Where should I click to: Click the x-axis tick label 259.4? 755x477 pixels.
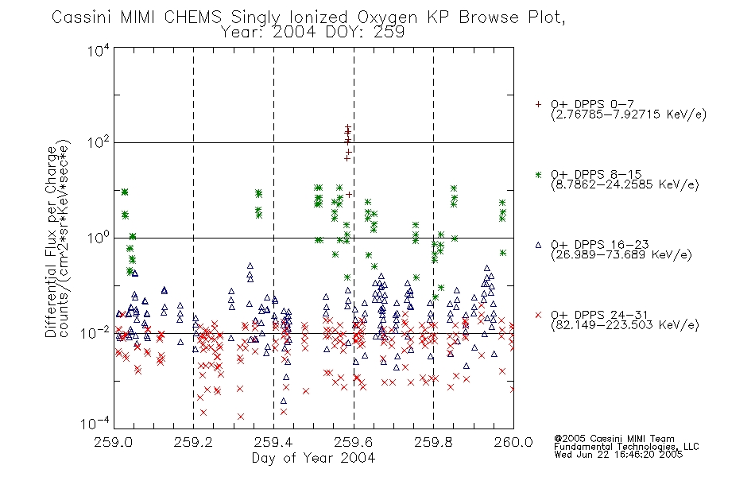coord(273,442)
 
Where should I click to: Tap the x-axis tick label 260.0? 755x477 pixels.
coord(513,442)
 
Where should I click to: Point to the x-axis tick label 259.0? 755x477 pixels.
coord(114,442)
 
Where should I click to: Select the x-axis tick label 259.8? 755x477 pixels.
coord(433,442)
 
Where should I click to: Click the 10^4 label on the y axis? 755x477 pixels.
coord(99,50)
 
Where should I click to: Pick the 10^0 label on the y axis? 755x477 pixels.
coord(99,238)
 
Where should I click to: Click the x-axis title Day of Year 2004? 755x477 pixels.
coord(313,458)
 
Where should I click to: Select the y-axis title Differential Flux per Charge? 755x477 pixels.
coord(51,242)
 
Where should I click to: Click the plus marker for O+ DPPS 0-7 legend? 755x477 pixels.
coord(538,104)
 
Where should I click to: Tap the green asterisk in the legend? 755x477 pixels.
coord(538,174)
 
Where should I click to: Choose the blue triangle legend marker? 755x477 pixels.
coord(538,245)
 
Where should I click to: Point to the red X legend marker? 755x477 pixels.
coord(538,315)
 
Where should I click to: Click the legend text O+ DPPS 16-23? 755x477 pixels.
coord(600,244)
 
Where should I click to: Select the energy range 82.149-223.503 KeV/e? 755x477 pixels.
coord(625,325)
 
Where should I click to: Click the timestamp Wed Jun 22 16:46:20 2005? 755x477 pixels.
coord(618,454)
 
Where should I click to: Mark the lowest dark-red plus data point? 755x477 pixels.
coord(349,194)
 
